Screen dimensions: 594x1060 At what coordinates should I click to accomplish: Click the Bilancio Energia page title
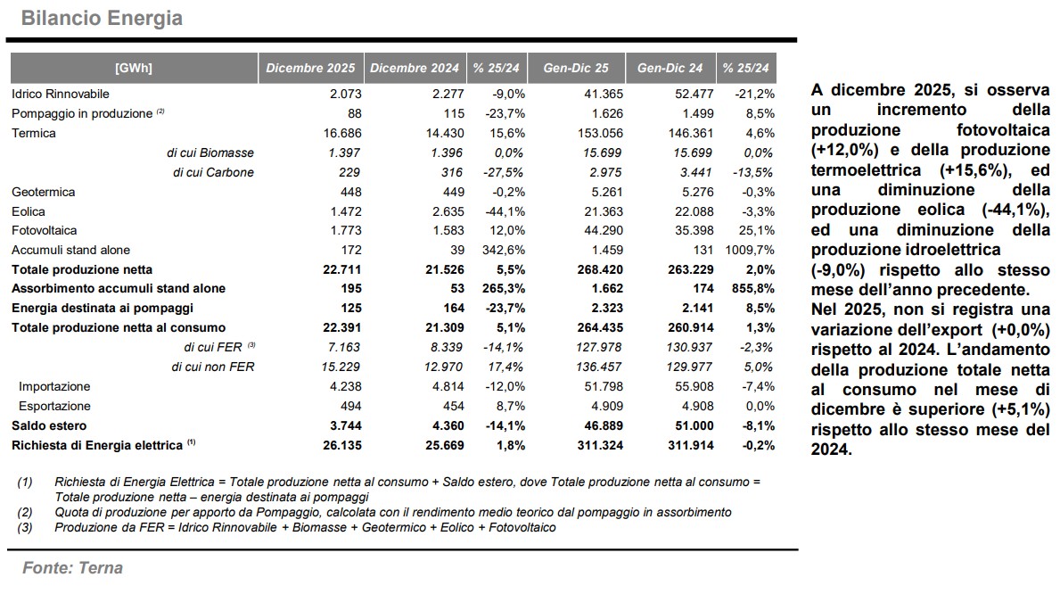(102, 18)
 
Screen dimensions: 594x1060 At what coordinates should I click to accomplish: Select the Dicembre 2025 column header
(310, 68)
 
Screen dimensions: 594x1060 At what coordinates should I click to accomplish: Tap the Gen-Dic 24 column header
(670, 68)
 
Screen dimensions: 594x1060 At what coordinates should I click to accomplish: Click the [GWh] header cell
(134, 68)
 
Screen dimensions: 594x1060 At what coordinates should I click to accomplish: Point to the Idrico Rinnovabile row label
(61, 94)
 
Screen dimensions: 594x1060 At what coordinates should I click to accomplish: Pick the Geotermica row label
(43, 192)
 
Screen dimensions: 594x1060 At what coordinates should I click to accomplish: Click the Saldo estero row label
(49, 425)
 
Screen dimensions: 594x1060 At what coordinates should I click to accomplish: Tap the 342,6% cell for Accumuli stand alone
(504, 251)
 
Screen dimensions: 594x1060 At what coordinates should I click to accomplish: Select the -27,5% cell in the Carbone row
(505, 172)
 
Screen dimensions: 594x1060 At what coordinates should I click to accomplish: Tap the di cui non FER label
(212, 367)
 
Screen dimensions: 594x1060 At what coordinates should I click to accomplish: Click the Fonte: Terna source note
(72, 568)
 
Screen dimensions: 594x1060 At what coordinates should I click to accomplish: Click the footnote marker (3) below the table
(25, 527)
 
